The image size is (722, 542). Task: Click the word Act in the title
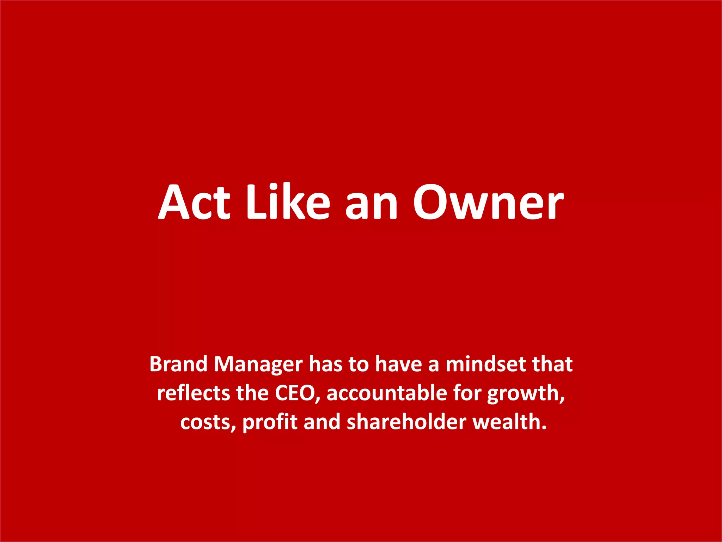pos(194,202)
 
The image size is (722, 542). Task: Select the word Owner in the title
pos(489,202)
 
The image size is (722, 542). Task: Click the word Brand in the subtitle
pos(178,364)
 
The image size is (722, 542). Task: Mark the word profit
pos(270,423)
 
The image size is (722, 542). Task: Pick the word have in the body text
pos(398,364)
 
